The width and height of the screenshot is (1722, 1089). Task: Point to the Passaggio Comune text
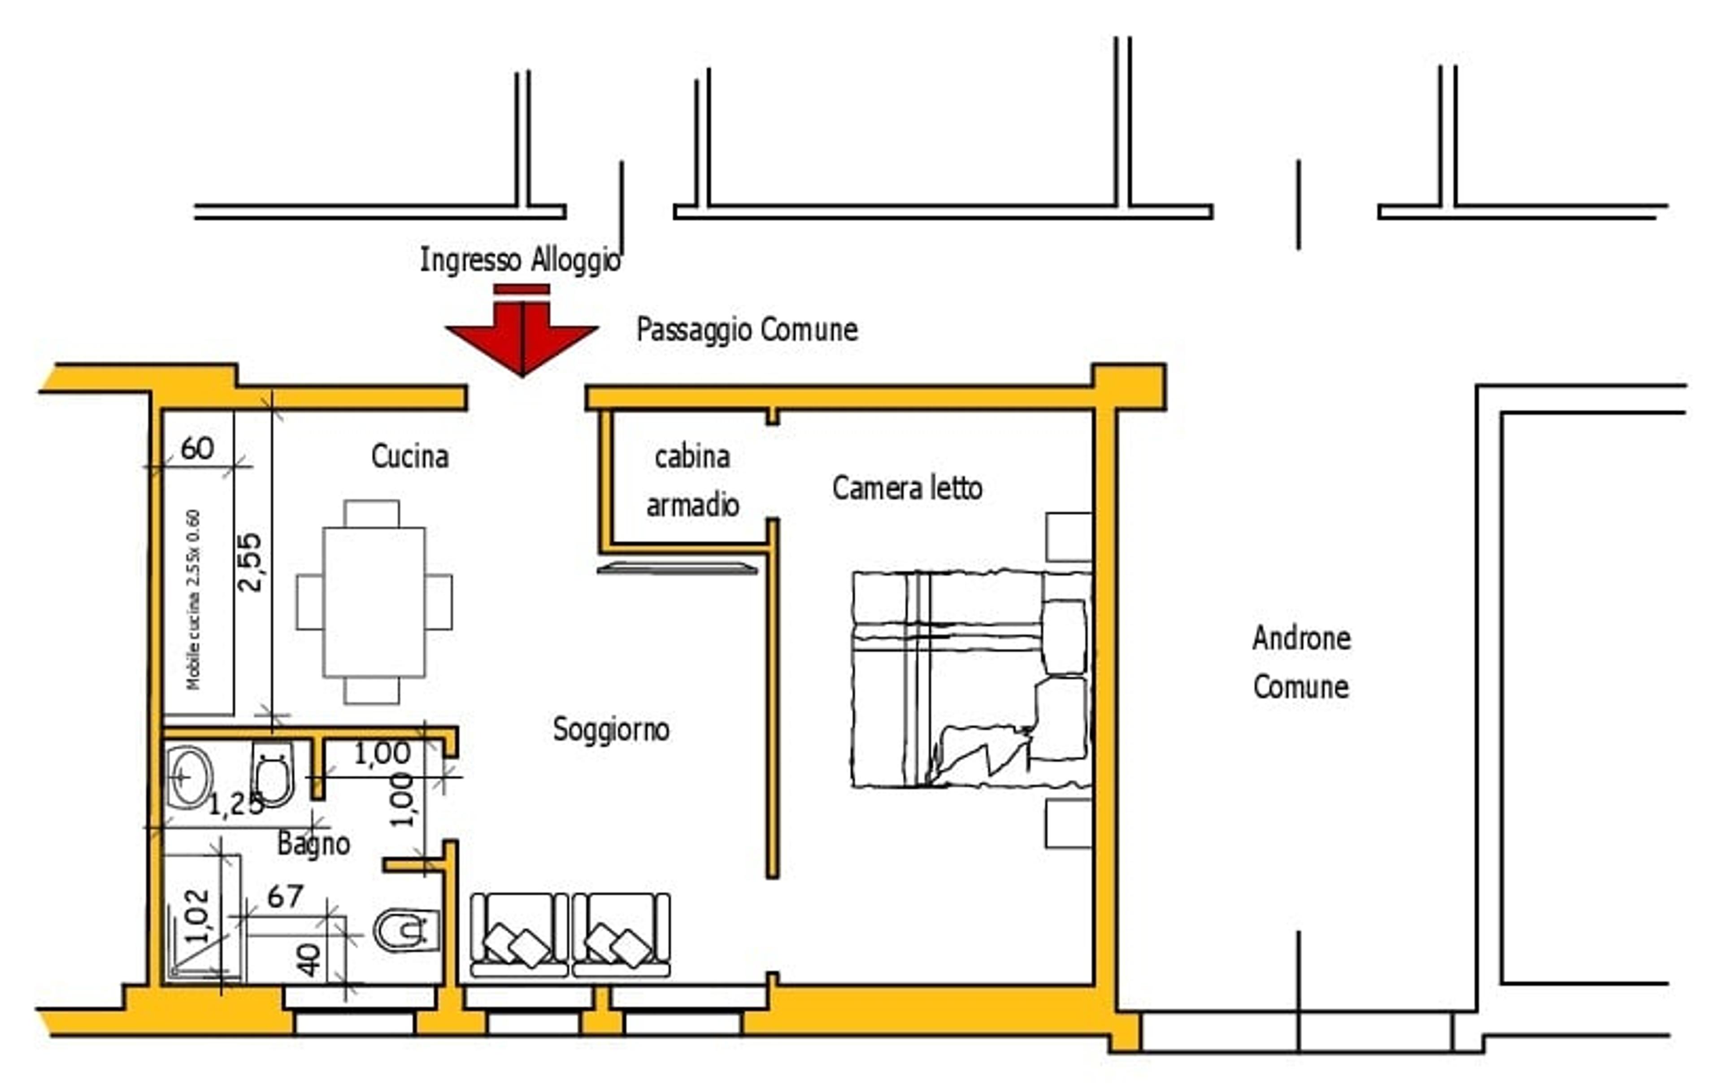pos(747,330)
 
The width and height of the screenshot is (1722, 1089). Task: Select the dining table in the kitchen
pos(374,602)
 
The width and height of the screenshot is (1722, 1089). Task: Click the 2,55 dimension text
pos(250,562)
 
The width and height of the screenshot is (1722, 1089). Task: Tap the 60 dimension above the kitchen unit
pos(197,448)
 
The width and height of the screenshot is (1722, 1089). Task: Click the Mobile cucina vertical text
pos(193,599)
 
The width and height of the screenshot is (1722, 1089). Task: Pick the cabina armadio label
pos(692,481)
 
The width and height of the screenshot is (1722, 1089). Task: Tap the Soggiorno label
pos(611,729)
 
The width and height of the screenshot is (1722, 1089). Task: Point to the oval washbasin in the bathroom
pos(190,777)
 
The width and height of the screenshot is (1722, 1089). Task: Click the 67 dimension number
pos(285,897)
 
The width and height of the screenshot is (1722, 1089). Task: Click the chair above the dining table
pos(372,513)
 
